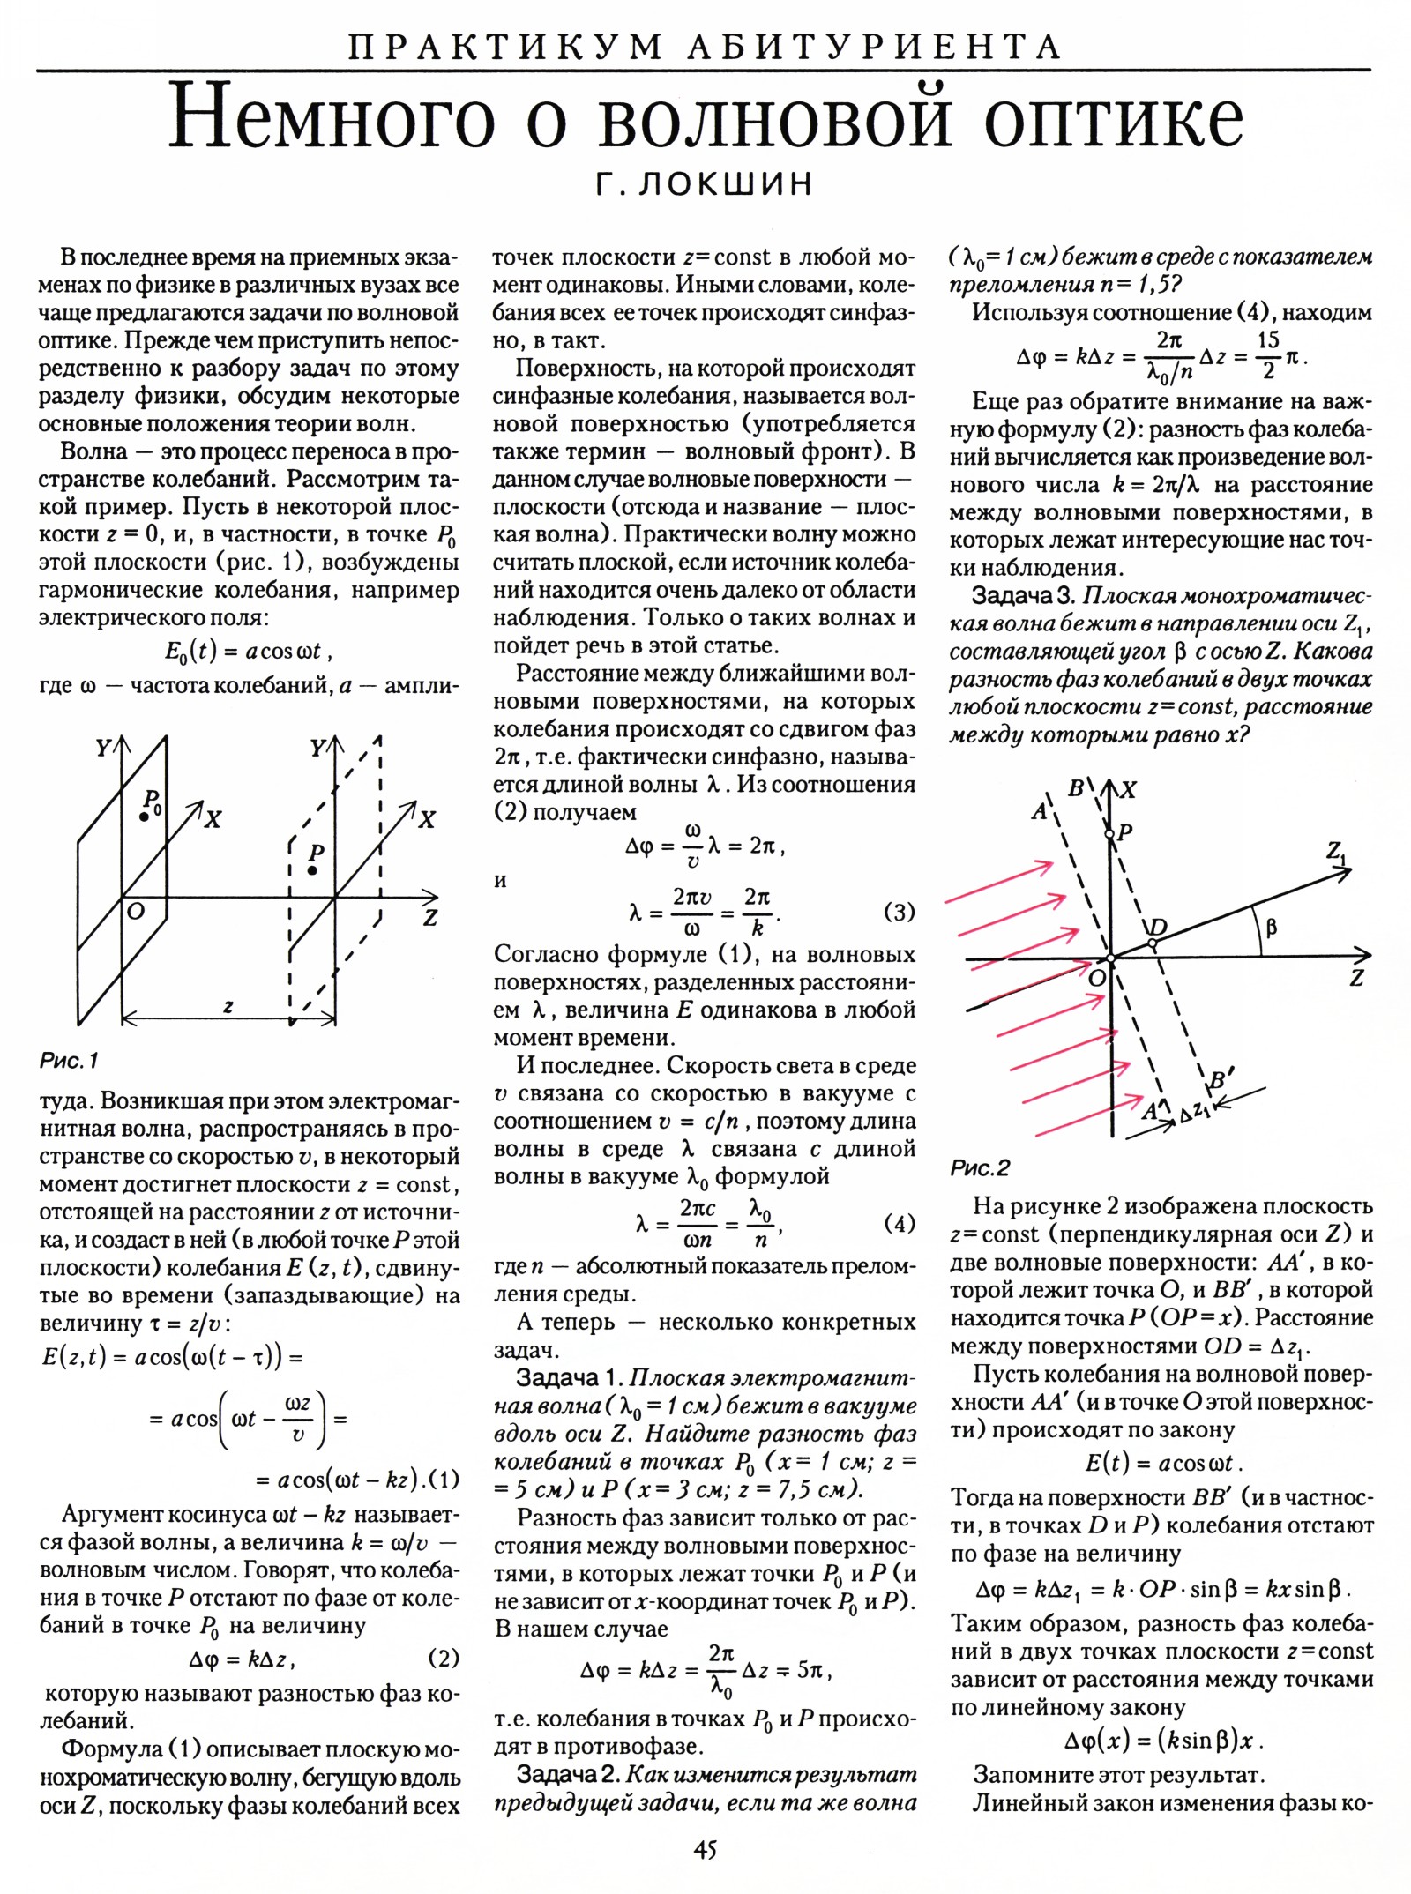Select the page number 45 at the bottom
(x=705, y=1849)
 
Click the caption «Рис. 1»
(x=69, y=1061)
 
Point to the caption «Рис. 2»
(x=980, y=1168)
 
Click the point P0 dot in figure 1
(x=143, y=818)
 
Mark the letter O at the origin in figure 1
(x=136, y=912)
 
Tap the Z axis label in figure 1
(x=430, y=918)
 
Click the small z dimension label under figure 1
(x=228, y=1006)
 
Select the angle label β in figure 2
(x=1271, y=927)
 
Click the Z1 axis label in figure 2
(x=1337, y=853)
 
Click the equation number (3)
(x=899, y=912)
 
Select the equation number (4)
(x=899, y=1224)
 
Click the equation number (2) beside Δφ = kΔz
(x=443, y=1659)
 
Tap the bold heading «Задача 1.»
(x=570, y=1378)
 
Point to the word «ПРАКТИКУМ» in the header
(x=504, y=46)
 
